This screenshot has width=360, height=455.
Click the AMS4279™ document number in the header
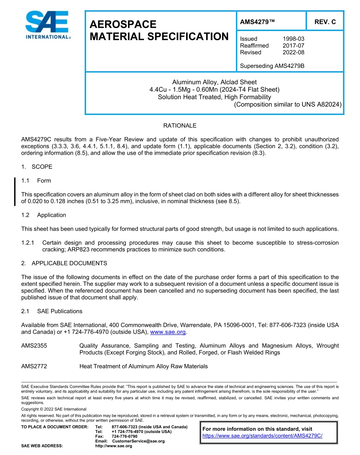[257, 22]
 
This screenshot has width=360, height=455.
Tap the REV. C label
[325, 22]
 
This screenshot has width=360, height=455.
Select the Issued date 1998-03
[293, 39]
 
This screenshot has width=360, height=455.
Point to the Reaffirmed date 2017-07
[293, 45]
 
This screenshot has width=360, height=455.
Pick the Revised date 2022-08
[293, 52]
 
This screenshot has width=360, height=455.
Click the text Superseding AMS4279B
[272, 66]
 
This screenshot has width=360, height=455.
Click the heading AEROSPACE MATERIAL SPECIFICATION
[159, 31]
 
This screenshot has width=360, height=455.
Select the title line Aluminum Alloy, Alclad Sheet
[214, 82]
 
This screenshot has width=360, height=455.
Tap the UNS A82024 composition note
[288, 105]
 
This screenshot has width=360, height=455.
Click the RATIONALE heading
[180, 126]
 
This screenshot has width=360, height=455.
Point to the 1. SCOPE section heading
[37, 167]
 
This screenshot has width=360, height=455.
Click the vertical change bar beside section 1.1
[15, 191]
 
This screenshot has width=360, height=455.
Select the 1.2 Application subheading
[44, 215]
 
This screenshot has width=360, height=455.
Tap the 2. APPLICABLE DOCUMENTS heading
[64, 263]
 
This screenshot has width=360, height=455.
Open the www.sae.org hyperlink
[168, 332]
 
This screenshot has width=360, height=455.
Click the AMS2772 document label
[34, 366]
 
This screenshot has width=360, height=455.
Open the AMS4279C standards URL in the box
[262, 436]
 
